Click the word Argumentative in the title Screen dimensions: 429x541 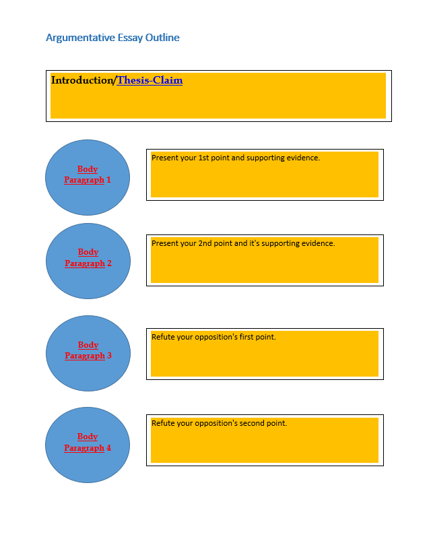pos(80,38)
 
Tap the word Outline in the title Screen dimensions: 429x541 pos(162,37)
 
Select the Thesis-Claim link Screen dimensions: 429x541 pos(150,80)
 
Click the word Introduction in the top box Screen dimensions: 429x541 pos(82,80)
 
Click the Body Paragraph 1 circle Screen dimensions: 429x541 pos(88,177)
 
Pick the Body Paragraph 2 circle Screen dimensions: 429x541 pos(88,261)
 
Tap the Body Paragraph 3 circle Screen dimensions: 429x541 pos(88,353)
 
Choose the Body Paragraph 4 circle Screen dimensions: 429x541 pos(88,445)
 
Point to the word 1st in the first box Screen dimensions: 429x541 pos(203,158)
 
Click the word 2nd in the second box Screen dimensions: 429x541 pos(205,243)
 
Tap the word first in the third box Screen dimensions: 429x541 pos(246,337)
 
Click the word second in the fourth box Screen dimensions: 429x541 pos(250,423)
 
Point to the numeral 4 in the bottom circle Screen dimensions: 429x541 pos(108,448)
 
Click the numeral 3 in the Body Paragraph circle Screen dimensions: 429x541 pos(109,356)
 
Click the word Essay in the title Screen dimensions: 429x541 pos(130,38)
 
